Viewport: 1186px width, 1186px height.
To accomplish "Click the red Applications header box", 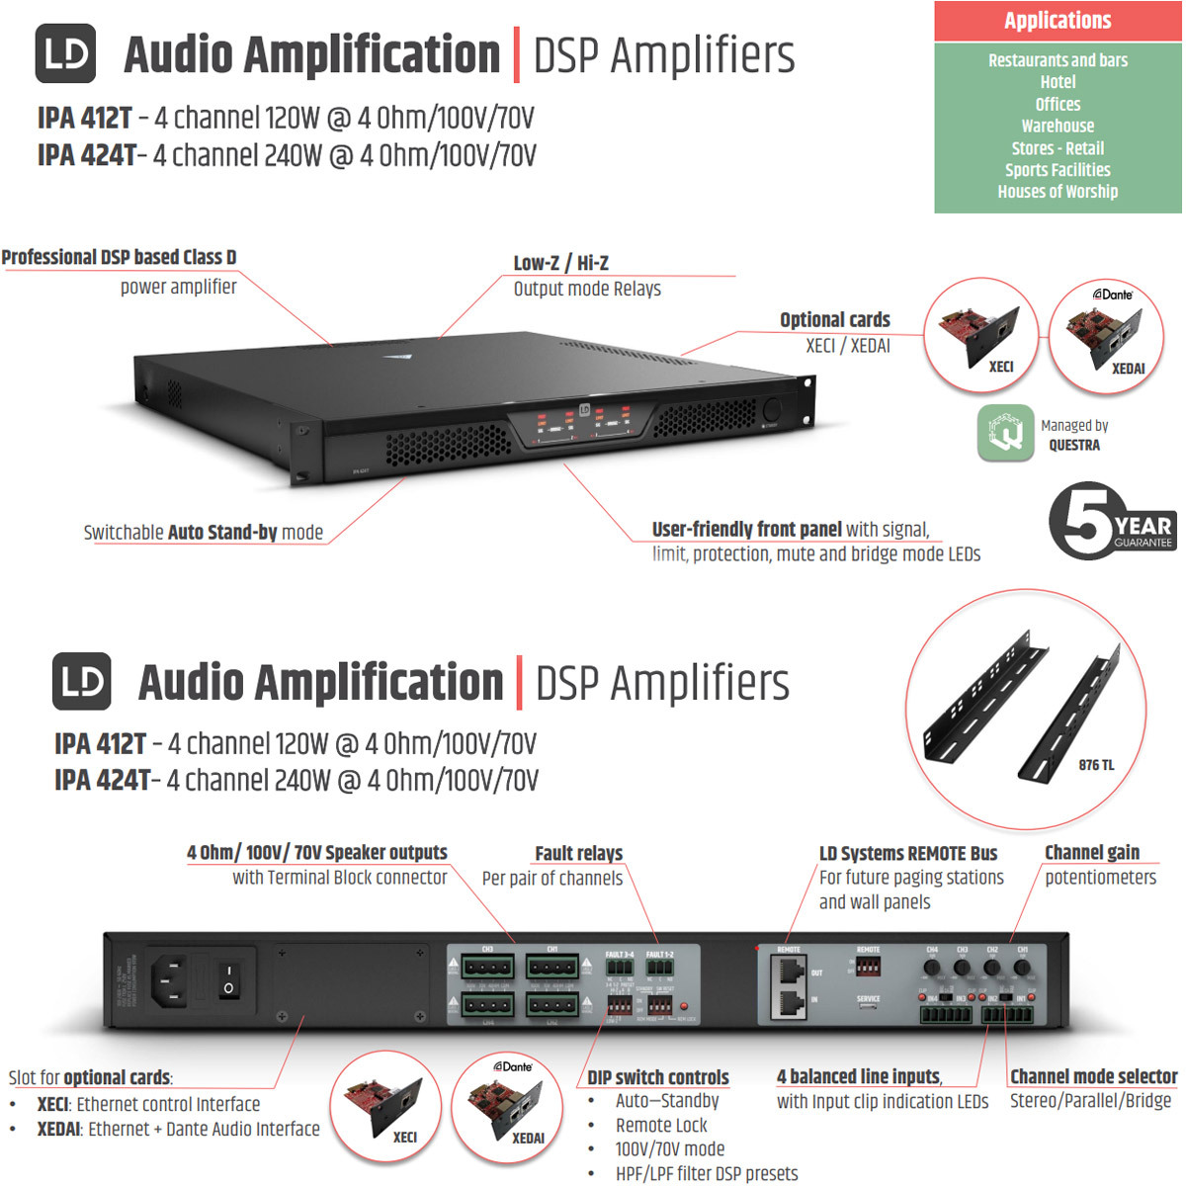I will coord(1058,21).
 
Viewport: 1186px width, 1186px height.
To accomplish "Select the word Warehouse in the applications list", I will coord(1058,126).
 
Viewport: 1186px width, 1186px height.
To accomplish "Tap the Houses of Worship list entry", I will coord(1058,192).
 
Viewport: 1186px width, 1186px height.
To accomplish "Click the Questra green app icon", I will coord(1005,433).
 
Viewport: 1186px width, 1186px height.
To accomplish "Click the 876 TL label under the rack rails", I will coord(1096,765).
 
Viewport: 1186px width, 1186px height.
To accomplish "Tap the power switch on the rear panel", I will coord(228,978).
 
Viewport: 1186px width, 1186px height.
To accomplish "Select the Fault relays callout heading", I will coord(578,853).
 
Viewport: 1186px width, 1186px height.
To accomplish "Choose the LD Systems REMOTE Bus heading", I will coord(907,853).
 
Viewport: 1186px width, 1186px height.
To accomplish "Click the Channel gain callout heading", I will coord(1091,852).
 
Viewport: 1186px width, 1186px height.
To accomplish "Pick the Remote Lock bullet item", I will coord(661,1125).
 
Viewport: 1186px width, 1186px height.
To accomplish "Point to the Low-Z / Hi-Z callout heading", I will coord(560,263).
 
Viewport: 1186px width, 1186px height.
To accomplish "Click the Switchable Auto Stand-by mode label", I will coord(204,533).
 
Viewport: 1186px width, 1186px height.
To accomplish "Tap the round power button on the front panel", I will coord(772,410).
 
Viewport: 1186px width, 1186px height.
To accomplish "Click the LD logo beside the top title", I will coord(65,53).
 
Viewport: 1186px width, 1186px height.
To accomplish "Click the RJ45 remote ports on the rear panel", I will coord(790,989).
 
